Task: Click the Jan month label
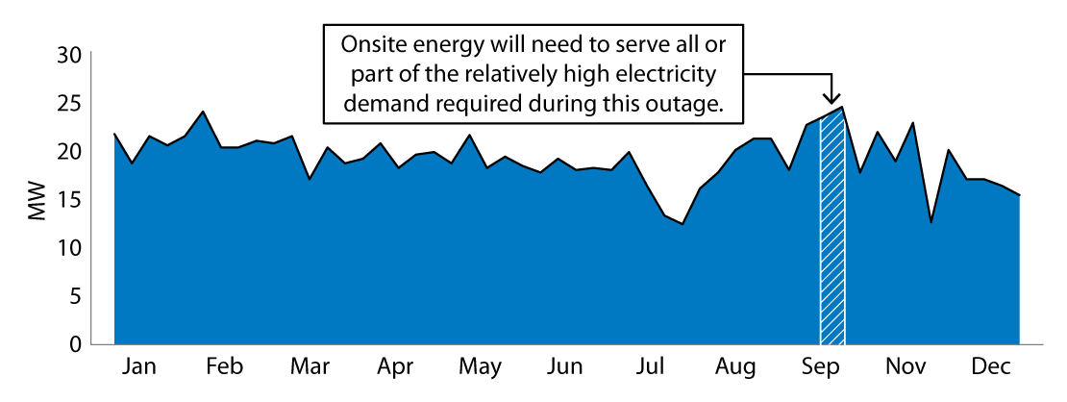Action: click(140, 367)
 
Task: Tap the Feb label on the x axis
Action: click(224, 367)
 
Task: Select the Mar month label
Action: click(310, 367)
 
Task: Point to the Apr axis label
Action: click(395, 367)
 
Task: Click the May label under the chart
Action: click(480, 367)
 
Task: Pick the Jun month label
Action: click(565, 367)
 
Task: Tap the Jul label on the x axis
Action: click(651, 367)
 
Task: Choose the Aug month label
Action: click(735, 367)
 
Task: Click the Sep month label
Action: click(820, 367)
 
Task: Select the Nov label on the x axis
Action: click(905, 367)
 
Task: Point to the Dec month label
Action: click(990, 367)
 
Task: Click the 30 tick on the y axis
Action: click(69, 55)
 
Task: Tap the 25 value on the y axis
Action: click(69, 103)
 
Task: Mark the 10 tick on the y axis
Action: click(69, 248)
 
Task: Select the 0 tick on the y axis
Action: click(76, 344)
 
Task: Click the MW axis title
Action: click(37, 200)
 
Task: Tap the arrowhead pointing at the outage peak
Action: click(832, 98)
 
